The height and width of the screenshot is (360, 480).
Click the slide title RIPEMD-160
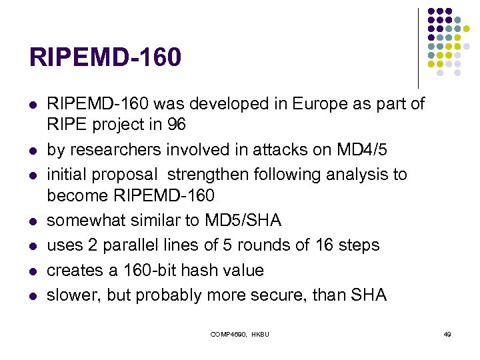click(105, 57)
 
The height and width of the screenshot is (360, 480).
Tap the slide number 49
click(447, 333)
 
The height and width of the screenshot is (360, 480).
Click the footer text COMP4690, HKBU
click(239, 333)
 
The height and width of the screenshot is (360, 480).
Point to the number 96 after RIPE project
click(176, 125)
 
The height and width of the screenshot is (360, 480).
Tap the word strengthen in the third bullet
click(207, 175)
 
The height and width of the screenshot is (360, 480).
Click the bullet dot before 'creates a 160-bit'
click(31, 271)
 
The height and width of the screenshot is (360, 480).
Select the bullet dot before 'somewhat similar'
click(31, 221)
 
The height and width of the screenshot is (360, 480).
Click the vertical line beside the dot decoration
click(418, 47)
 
